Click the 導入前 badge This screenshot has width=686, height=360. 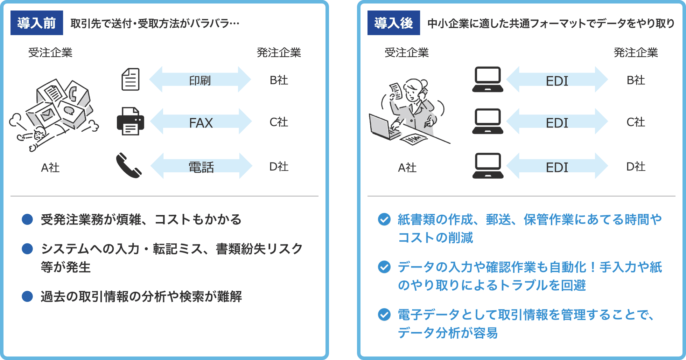tap(37, 23)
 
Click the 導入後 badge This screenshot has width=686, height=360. tap(393, 23)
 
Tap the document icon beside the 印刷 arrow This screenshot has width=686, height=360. tap(131, 79)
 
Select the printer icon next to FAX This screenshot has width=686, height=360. tap(130, 122)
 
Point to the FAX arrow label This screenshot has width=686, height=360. tap(201, 123)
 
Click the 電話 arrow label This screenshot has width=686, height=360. tap(201, 167)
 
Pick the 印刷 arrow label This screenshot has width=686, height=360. tap(200, 81)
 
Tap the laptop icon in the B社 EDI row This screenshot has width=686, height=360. tap(488, 79)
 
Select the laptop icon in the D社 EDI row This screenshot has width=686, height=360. tap(488, 166)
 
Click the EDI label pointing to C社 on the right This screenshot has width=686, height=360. tap(557, 123)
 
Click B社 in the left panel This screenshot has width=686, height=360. tap(279, 80)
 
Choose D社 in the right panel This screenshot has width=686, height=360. tap(636, 166)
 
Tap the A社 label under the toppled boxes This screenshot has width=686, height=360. tap(50, 168)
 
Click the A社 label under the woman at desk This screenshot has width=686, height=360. tap(407, 168)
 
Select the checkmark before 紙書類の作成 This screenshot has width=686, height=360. tap(384, 220)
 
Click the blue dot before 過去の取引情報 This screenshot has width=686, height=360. tap(27, 297)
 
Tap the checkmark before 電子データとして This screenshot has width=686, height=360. tap(384, 314)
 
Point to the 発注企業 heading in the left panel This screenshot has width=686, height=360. tap(279, 53)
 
